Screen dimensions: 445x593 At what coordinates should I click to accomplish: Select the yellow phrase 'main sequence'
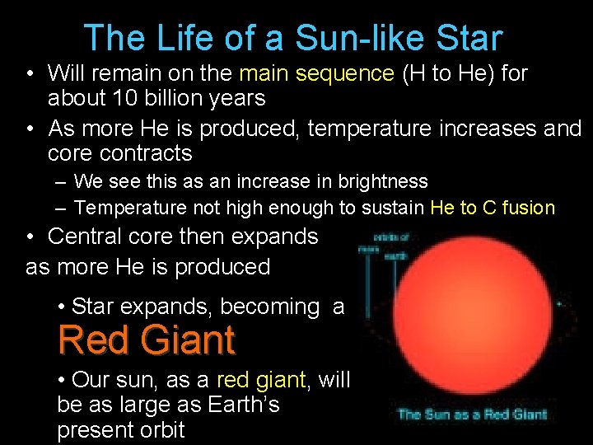click(x=316, y=73)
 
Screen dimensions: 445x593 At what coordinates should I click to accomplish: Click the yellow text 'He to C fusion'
click(x=493, y=208)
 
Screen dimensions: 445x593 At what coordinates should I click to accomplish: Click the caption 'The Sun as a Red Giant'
click(x=473, y=414)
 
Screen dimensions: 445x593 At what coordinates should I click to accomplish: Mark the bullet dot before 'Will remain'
click(x=29, y=74)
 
